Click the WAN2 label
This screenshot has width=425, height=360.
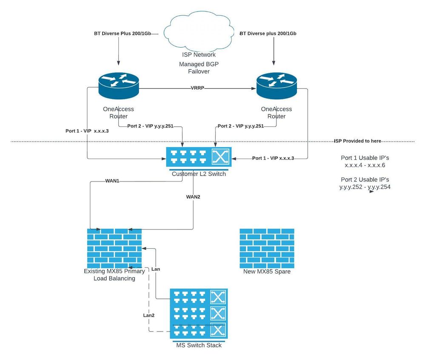[194, 197]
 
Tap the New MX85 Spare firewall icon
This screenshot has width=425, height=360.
[267, 248]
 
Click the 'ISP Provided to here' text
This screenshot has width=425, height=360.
[357, 141]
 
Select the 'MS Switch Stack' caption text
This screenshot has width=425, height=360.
[199, 345]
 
